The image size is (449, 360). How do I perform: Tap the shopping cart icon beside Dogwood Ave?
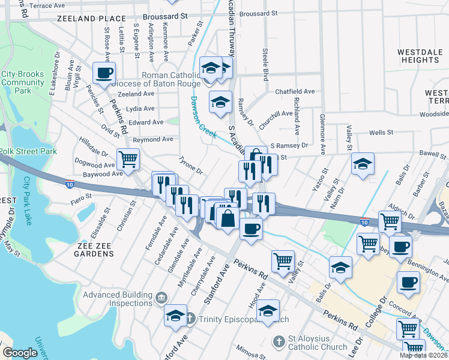pos(128,160)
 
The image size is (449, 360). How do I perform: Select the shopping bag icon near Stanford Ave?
pos(228,217)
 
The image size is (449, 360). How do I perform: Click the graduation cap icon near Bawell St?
pos(363,164)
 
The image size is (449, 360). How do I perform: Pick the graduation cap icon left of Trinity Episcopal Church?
pos(175,315)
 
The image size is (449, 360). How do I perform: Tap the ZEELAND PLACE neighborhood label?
pos(92,19)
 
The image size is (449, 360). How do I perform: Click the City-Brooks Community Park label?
pos(23,82)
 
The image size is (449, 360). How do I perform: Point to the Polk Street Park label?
pos(28,151)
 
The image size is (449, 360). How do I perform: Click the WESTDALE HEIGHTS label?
pos(420,56)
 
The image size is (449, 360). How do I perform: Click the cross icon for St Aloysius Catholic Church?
pos(279,343)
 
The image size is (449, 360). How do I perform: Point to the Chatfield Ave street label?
pos(295,91)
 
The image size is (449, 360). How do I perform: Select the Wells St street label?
pos(381,132)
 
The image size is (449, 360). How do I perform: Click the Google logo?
pos(20,353)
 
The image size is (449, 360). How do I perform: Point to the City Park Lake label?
pos(27,201)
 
